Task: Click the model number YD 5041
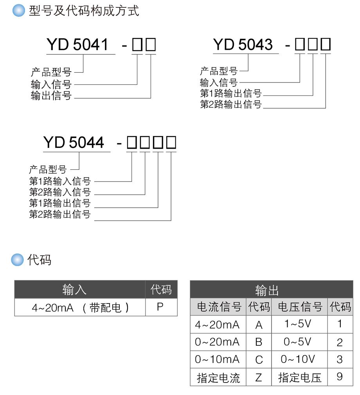[x=77, y=45]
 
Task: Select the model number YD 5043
[x=243, y=45]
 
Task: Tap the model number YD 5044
[x=74, y=142]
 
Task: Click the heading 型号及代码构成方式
[x=84, y=11]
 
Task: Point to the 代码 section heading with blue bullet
[x=39, y=260]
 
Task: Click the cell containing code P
[x=160, y=307]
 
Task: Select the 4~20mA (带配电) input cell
[x=80, y=308]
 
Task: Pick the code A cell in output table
[x=259, y=325]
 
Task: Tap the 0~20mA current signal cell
[x=217, y=342]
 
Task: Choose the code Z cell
[x=259, y=377]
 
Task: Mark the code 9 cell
[x=339, y=377]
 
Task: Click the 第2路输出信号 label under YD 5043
[x=231, y=104]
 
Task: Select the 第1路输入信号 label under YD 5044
[x=60, y=181]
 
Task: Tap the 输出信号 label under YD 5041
[x=51, y=95]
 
